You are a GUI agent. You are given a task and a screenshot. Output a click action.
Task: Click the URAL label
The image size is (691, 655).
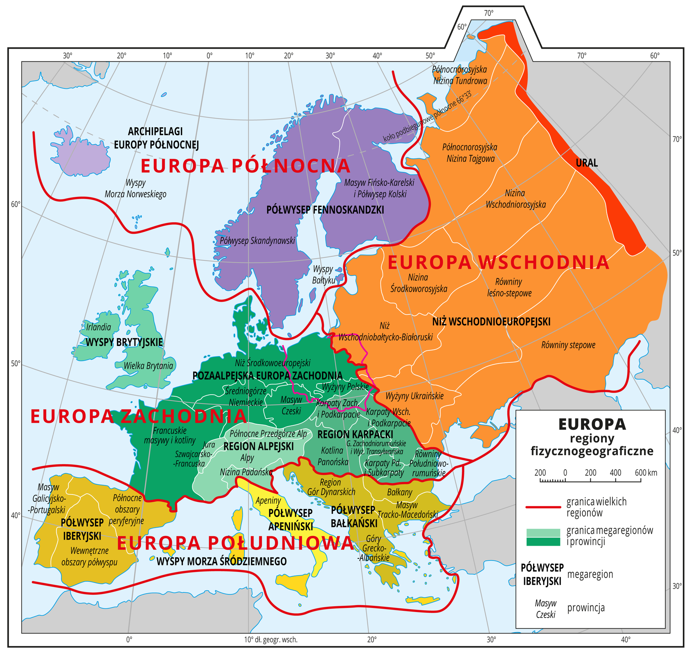587,163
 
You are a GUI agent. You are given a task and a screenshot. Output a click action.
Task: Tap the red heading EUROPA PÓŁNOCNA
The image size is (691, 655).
245,166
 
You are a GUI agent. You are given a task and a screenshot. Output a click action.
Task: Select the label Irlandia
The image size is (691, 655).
99,327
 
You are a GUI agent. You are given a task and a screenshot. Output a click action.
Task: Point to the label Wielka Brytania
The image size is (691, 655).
149,366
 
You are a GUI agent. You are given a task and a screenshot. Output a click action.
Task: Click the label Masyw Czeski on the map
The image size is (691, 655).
291,405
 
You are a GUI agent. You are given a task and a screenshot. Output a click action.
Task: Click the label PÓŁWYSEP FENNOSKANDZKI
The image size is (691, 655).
325,210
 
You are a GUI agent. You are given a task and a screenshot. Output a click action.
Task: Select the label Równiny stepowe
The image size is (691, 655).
568,345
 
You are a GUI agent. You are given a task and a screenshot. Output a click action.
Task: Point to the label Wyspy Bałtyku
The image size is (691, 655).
323,275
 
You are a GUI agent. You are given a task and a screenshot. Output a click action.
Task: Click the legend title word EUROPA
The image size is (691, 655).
592,424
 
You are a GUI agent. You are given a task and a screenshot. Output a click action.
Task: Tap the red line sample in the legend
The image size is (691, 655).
542,507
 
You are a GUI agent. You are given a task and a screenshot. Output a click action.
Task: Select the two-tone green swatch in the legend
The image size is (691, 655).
542,537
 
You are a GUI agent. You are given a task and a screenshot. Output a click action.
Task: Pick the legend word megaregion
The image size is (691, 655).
590,574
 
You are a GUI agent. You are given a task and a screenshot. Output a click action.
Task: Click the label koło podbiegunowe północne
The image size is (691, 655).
427,117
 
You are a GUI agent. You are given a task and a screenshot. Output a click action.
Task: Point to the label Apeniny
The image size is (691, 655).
268,500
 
